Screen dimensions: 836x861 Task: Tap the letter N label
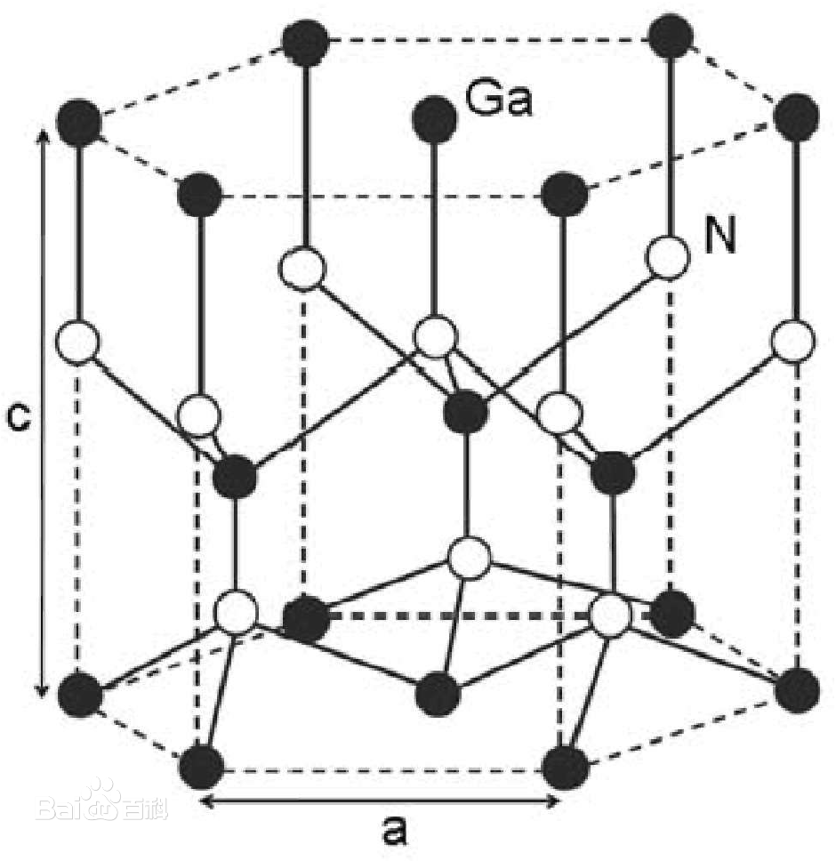click(719, 237)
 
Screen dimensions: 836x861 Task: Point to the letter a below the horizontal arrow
click(395, 830)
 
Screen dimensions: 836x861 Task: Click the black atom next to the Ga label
click(434, 118)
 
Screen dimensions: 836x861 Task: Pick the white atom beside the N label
click(668, 256)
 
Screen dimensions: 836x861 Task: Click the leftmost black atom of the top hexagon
click(79, 122)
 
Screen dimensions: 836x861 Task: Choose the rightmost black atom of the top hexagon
click(796, 117)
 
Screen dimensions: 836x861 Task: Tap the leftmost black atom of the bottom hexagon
click(80, 694)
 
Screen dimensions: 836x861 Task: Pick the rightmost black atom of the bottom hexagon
click(797, 689)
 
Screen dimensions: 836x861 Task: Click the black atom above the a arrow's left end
click(202, 767)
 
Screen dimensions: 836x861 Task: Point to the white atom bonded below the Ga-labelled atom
click(435, 335)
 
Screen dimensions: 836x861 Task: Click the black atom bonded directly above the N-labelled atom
click(671, 36)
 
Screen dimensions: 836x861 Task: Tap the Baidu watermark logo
click(101, 806)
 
